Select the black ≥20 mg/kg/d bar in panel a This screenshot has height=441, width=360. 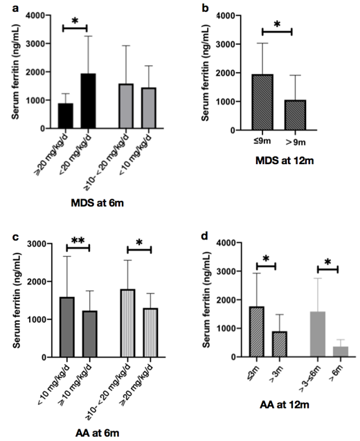pos(65,116)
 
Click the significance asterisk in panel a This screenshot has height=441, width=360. pos(75,20)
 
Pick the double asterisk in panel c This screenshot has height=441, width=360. pos(78,240)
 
